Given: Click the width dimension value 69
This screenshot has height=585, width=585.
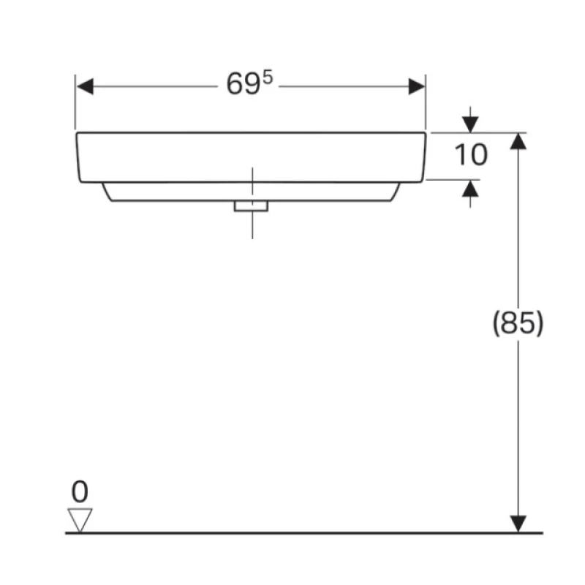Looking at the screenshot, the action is click(243, 84).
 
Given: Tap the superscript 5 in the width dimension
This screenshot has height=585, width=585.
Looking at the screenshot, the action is click(268, 78).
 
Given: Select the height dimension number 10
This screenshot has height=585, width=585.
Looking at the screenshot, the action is click(471, 154).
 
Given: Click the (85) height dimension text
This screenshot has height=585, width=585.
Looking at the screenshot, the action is click(518, 323).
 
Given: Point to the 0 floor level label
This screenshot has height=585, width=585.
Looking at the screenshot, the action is click(80, 491).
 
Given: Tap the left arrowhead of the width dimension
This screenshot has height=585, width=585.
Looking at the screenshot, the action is click(85, 86).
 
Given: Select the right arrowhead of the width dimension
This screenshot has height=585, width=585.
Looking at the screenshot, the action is click(417, 86).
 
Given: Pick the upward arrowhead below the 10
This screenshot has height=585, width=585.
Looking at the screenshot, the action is click(470, 188).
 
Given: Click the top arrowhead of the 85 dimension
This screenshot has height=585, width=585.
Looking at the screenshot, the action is click(518, 141).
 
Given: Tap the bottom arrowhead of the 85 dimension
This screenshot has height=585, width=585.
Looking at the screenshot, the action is click(518, 524).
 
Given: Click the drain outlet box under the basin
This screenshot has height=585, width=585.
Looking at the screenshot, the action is click(251, 206).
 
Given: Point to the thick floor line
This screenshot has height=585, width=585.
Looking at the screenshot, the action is click(304, 533).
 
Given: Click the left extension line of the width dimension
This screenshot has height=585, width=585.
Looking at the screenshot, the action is click(75, 102).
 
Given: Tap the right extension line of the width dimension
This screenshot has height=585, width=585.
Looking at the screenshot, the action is click(426, 102).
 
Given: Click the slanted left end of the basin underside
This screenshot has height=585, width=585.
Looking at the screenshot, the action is click(107, 192).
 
